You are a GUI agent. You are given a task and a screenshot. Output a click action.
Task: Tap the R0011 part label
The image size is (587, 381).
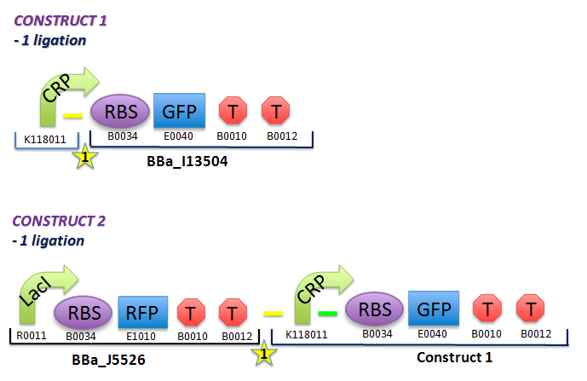[30, 335]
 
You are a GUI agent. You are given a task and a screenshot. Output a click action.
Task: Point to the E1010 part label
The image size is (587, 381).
[142, 335]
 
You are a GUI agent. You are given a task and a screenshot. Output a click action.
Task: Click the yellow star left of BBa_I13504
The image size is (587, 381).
[83, 156]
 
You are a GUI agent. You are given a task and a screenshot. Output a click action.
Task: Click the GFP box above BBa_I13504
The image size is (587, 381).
[179, 111]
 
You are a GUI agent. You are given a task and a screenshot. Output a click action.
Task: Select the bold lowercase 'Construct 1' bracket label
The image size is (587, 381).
[453, 355]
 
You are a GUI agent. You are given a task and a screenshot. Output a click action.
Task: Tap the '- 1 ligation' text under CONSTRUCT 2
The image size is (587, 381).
[49, 241]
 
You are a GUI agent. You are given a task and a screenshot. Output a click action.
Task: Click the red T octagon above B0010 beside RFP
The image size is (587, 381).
[190, 313]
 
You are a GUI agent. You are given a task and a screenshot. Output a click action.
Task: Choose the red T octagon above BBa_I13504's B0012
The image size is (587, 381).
[276, 111]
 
